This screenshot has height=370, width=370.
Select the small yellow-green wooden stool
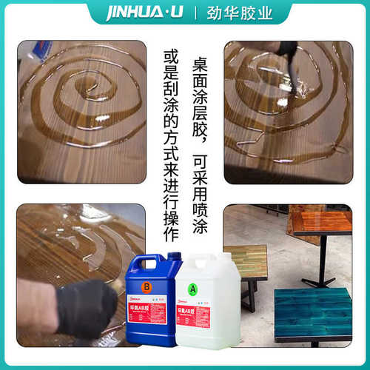[x=245, y=263]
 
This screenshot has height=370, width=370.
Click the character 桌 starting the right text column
[x=199, y=64]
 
